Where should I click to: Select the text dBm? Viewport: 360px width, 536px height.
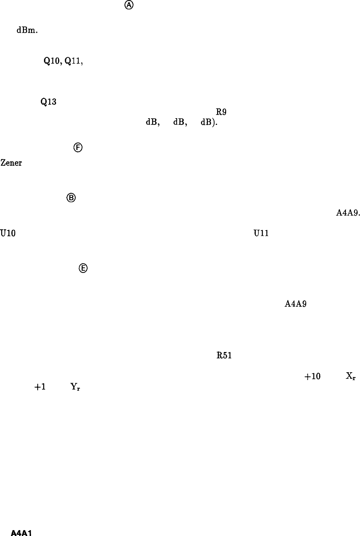(27, 32)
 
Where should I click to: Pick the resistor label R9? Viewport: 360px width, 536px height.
(221, 112)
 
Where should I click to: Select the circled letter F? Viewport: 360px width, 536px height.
(77, 148)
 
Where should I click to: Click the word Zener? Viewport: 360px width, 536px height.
(11, 163)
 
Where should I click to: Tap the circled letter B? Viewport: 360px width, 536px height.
(71, 198)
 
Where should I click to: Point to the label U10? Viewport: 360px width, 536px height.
(8, 233)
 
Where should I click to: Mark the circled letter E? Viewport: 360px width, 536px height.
(83, 268)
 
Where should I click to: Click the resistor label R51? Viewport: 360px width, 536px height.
(224, 356)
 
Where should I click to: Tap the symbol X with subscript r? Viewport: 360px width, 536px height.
(351, 376)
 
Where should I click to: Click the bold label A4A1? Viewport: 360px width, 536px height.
(22, 533)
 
